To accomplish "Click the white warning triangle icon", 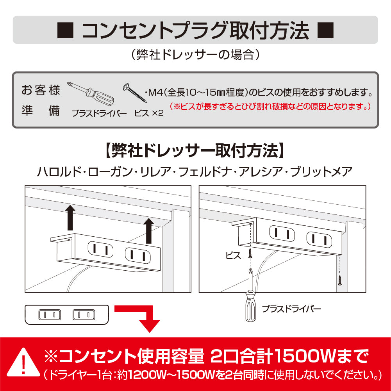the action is pyautogui.click(x=23, y=362).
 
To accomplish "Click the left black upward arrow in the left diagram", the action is pyautogui.click(x=70, y=218).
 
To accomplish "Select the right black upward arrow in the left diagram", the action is pyautogui.click(x=149, y=231).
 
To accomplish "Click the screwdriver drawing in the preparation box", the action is pyautogui.click(x=91, y=93).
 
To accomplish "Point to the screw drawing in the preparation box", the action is pyautogui.click(x=135, y=93).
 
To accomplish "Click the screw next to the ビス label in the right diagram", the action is pyautogui.click(x=250, y=254).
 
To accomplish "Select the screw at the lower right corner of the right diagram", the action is pyautogui.click(x=339, y=280).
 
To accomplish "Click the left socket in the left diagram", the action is pyautogui.click(x=100, y=249).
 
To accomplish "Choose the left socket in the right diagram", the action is pyautogui.click(x=282, y=234).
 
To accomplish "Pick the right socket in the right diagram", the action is pyautogui.click(x=320, y=240).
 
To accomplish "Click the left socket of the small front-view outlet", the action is pyautogui.click(x=50, y=315).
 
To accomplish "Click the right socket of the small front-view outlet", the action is pyautogui.click(x=84, y=315).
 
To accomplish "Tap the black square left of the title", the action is pyautogui.click(x=65, y=30).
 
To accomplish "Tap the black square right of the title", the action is pyautogui.click(x=325, y=30).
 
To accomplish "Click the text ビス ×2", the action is pyautogui.click(x=149, y=113).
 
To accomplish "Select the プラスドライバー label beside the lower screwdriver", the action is pyautogui.click(x=291, y=309).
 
